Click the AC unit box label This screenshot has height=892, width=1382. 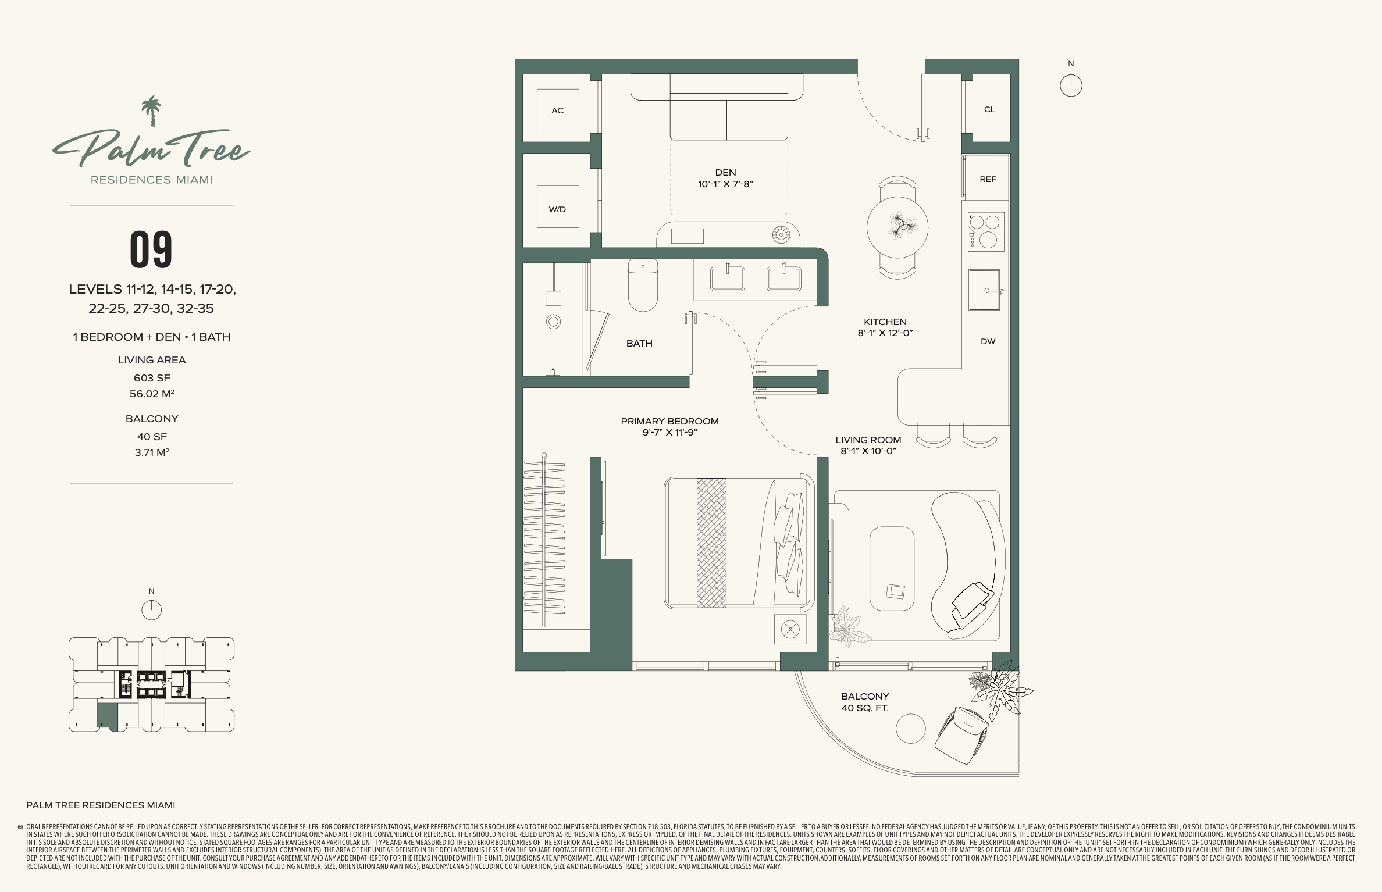tap(557, 110)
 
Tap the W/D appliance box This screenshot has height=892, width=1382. tap(557, 206)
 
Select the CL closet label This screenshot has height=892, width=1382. tap(989, 109)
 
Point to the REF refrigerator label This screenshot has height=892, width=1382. tap(988, 179)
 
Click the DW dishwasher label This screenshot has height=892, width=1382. tap(988, 341)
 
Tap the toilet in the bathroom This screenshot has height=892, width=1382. tap(643, 285)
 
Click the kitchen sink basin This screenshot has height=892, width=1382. tap(984, 290)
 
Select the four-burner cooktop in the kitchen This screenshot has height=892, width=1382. tap(986, 231)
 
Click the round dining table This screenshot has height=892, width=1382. tap(897, 227)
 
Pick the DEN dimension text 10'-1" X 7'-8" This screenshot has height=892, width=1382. tap(725, 184)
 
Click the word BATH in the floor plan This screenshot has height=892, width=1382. tap(639, 344)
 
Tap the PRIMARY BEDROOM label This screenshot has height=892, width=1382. tap(669, 421)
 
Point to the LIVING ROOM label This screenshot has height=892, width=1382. tap(868, 440)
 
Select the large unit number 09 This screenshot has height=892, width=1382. tap(151, 249)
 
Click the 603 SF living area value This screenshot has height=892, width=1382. tap(152, 378)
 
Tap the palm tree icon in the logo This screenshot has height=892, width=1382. tap(151, 110)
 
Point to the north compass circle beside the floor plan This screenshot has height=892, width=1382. tap(1071, 86)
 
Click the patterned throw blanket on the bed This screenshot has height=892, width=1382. tap(711, 543)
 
